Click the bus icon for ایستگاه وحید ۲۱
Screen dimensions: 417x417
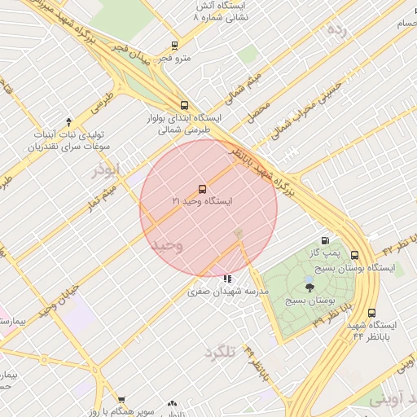[x=203, y=189]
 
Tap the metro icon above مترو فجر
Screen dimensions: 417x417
[x=174, y=46]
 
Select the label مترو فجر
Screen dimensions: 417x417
[x=174, y=59]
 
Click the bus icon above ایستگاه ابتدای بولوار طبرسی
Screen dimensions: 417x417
[x=184, y=105]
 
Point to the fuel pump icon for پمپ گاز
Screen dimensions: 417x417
[x=327, y=241]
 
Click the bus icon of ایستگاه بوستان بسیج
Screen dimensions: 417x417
[x=355, y=255]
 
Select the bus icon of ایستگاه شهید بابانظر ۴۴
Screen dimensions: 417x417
[x=372, y=313]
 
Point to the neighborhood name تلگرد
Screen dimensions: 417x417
[x=219, y=351]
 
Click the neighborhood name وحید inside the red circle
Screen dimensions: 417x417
[x=168, y=246]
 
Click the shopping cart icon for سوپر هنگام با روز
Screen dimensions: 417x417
[x=121, y=400]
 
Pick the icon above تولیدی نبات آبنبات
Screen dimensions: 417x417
[x=68, y=121]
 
